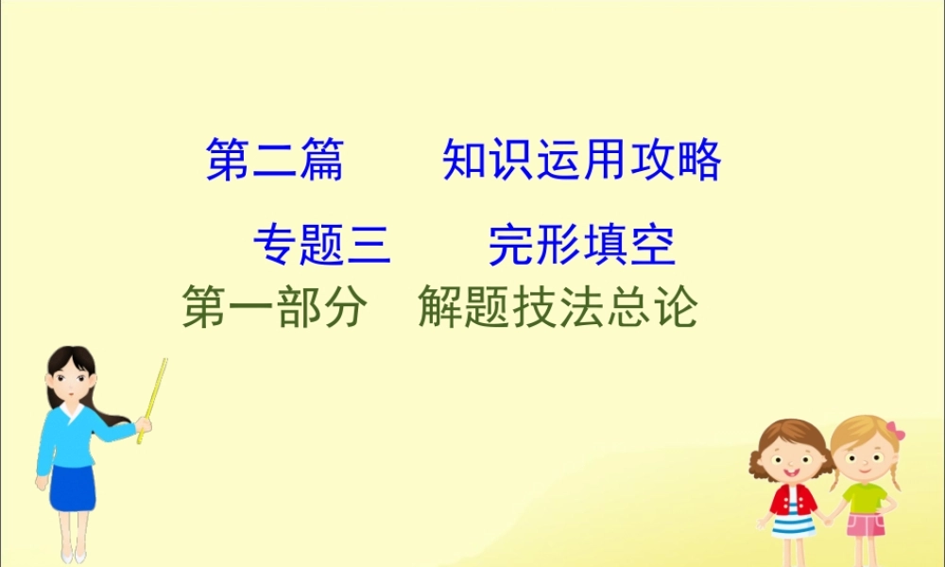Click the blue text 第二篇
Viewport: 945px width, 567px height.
[274, 160]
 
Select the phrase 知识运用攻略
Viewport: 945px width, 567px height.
[581, 160]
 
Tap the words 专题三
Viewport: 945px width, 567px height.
[321, 247]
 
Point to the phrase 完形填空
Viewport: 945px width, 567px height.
[581, 247]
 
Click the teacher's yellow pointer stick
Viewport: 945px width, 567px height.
[152, 397]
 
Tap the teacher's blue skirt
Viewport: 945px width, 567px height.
[73, 487]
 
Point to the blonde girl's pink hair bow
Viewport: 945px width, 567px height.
[895, 432]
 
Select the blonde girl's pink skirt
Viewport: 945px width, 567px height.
[864, 525]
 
